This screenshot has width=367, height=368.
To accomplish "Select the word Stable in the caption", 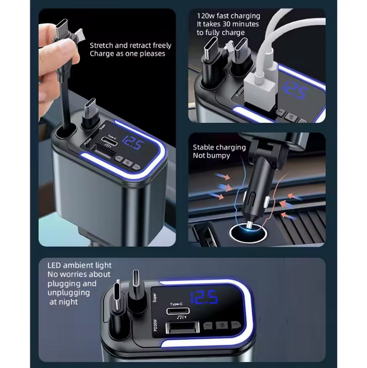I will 204,148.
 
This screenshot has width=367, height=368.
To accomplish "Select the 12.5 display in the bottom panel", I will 204,298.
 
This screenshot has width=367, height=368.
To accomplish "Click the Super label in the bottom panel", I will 155,298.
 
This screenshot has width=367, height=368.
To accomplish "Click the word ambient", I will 84,265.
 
